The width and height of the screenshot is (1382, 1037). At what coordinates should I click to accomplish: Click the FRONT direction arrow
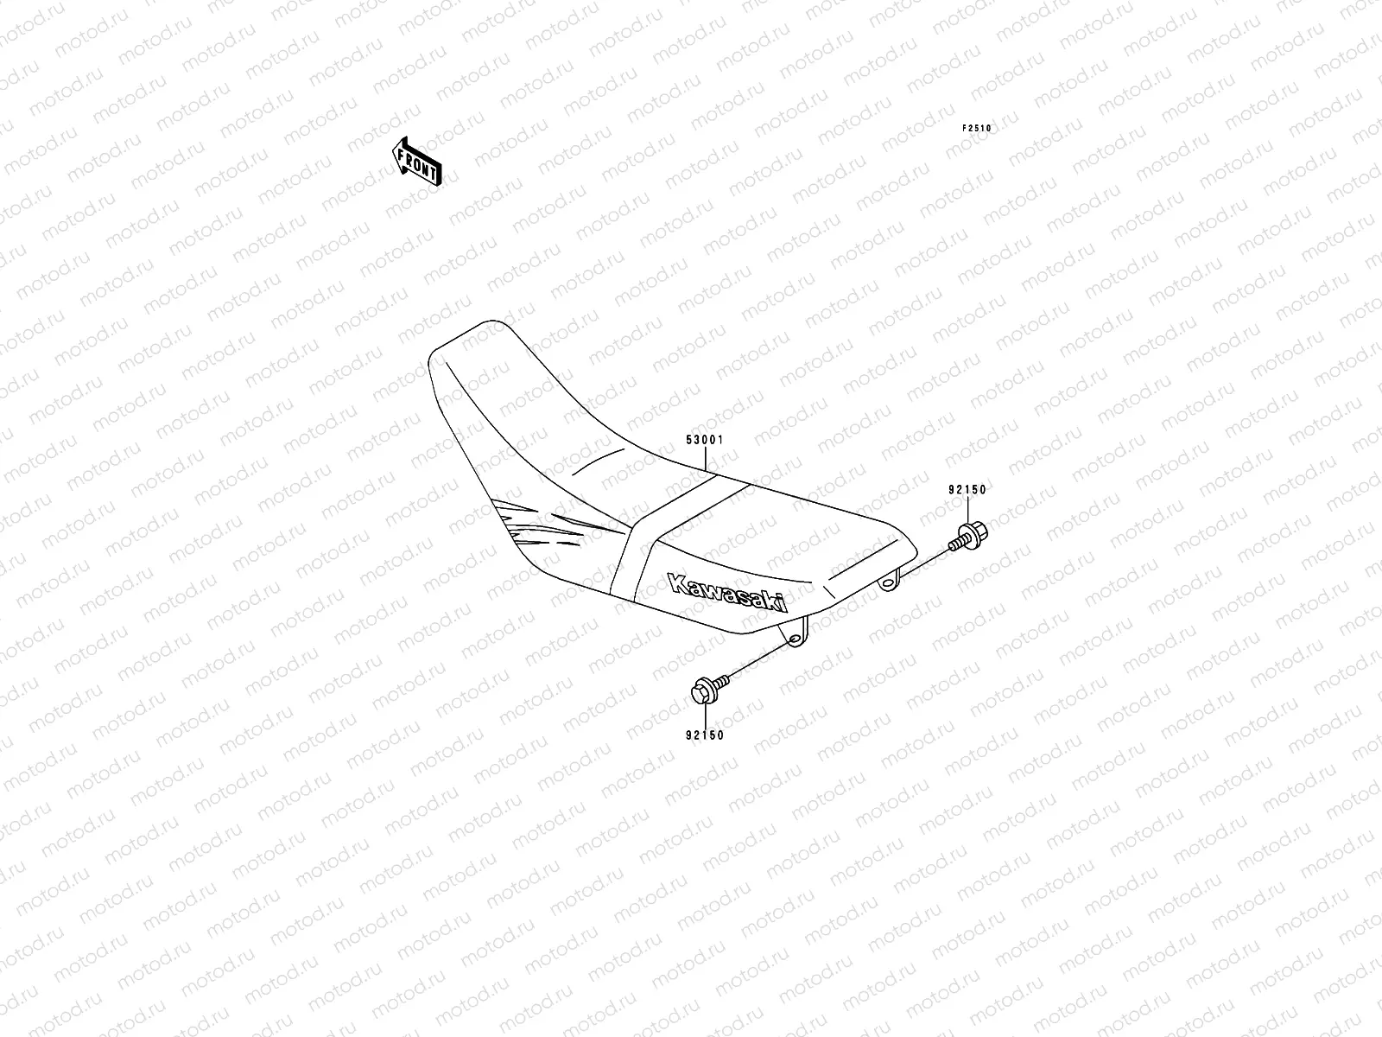point(419,162)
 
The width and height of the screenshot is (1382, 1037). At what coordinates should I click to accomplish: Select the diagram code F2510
point(978,128)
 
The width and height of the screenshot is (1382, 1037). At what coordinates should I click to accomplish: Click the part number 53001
point(704,440)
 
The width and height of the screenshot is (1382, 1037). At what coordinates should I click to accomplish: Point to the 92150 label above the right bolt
point(967,489)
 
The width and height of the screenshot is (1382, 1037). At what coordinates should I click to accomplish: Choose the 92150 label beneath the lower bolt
point(705,735)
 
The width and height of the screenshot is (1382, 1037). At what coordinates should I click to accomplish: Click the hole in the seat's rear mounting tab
point(887,586)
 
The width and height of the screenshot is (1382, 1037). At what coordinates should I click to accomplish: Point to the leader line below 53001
point(708,458)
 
